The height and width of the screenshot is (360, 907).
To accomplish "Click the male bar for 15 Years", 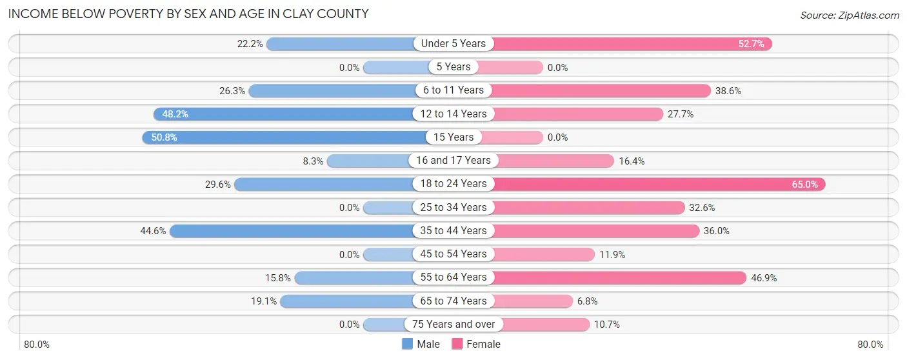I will [284, 137].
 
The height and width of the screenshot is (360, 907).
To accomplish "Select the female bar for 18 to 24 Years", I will [658, 184].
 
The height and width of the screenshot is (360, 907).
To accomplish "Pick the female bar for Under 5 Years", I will [632, 44].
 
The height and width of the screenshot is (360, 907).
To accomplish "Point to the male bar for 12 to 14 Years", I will [284, 114].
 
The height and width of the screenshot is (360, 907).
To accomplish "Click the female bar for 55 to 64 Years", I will [619, 277].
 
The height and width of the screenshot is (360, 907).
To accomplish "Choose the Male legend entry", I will [421, 345].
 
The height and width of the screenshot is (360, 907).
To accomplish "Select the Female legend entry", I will [476, 345].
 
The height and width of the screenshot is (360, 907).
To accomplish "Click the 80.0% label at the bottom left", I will [37, 345].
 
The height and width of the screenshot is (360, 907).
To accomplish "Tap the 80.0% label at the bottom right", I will [870, 345].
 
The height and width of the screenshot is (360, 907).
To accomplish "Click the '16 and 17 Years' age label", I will [454, 161].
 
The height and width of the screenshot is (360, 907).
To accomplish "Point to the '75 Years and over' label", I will [454, 325].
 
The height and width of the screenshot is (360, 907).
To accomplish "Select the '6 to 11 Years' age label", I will [454, 90].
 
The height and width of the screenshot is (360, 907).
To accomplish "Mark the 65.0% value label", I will [804, 185].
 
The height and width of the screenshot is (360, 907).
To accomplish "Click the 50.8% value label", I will [164, 137].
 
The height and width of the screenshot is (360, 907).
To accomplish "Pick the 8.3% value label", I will [313, 161].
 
